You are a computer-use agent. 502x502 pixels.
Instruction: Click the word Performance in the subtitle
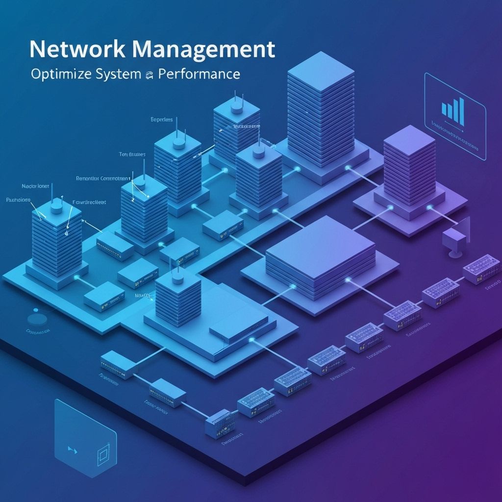(x=200, y=75)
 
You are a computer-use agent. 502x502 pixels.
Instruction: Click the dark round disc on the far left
(x=37, y=319)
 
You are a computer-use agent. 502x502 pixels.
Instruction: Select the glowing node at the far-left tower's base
(x=76, y=278)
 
